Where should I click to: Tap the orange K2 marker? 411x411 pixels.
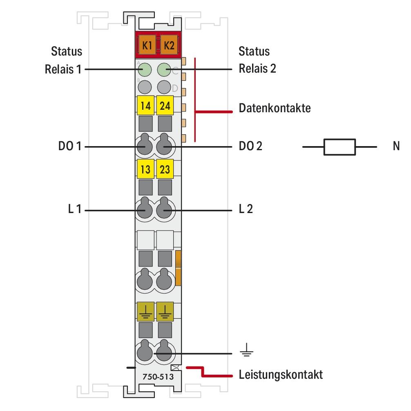click(x=168, y=45)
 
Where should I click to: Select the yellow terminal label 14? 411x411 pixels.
click(x=145, y=107)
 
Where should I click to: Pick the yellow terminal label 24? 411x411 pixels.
click(x=165, y=107)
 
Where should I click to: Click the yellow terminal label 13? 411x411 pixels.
click(x=145, y=169)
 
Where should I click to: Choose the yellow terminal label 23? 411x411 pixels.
click(x=165, y=169)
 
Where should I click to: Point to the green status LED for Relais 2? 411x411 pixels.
click(x=164, y=69)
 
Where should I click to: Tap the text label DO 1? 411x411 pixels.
click(x=70, y=146)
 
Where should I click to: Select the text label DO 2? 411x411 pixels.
click(x=250, y=146)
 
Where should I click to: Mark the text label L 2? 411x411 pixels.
click(x=246, y=210)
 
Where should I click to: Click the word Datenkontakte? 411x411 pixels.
click(x=275, y=109)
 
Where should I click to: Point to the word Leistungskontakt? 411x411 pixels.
click(x=281, y=374)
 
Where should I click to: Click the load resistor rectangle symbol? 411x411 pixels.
click(x=340, y=147)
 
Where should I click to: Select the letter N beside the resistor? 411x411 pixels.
click(x=396, y=146)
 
